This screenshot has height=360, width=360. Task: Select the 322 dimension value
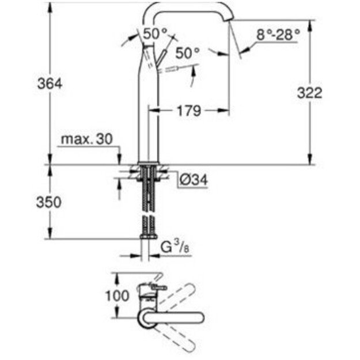tap(309, 92)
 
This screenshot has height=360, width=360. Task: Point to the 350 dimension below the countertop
tap(50, 202)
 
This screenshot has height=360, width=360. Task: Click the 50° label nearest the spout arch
tap(155, 34)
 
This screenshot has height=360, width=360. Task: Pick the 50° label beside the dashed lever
tap(187, 53)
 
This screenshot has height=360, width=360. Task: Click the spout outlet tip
tap(230, 21)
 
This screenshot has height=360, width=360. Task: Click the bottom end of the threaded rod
tap(148, 236)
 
